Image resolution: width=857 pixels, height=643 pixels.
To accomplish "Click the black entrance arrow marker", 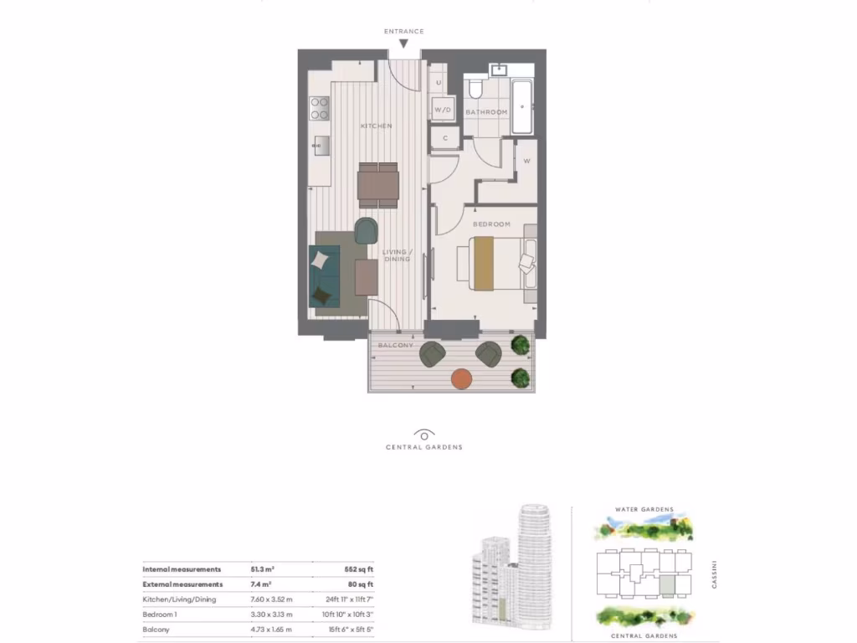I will (x=403, y=44).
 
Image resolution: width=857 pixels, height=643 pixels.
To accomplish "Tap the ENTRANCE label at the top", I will (x=403, y=32).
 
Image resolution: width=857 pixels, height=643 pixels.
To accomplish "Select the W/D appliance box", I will (x=443, y=110).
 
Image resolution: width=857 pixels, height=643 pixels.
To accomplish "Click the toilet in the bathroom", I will (x=475, y=88).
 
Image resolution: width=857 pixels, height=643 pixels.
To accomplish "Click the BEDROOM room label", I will (x=491, y=224).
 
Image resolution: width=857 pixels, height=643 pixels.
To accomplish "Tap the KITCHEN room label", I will (x=377, y=126).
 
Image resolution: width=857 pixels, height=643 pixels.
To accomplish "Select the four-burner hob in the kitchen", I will (x=320, y=107).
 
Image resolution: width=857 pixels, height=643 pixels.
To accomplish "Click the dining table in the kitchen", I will (x=377, y=185).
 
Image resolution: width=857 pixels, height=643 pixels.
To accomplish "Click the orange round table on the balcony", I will (x=462, y=379).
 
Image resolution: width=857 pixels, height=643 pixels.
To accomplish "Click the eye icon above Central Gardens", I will (x=424, y=435).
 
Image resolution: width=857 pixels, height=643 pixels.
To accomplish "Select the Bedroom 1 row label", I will (x=161, y=614).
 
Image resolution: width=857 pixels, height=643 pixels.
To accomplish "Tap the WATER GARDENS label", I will (x=644, y=509).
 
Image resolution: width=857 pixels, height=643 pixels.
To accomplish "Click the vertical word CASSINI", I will (x=715, y=574).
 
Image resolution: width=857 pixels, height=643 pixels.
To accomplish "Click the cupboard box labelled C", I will (x=444, y=137).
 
